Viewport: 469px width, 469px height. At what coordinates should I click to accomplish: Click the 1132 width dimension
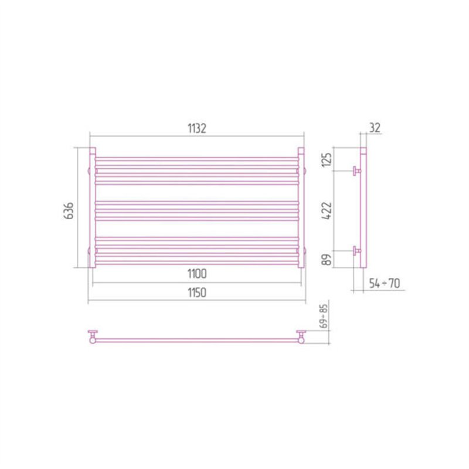[197, 128]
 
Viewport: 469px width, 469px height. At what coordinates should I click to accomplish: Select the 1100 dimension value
[197, 274]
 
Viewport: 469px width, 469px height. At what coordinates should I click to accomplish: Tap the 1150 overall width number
[197, 293]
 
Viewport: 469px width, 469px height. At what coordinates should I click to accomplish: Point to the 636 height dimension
[69, 211]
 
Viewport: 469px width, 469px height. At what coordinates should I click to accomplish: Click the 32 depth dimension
[375, 128]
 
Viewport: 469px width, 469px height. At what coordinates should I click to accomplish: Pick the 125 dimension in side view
[327, 160]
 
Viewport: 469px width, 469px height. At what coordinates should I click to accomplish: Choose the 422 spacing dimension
[327, 211]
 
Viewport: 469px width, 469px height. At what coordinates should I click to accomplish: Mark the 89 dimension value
[327, 259]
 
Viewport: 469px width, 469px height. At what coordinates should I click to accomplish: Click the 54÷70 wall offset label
[385, 283]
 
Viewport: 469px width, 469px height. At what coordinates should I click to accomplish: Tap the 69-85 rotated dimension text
[324, 316]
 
